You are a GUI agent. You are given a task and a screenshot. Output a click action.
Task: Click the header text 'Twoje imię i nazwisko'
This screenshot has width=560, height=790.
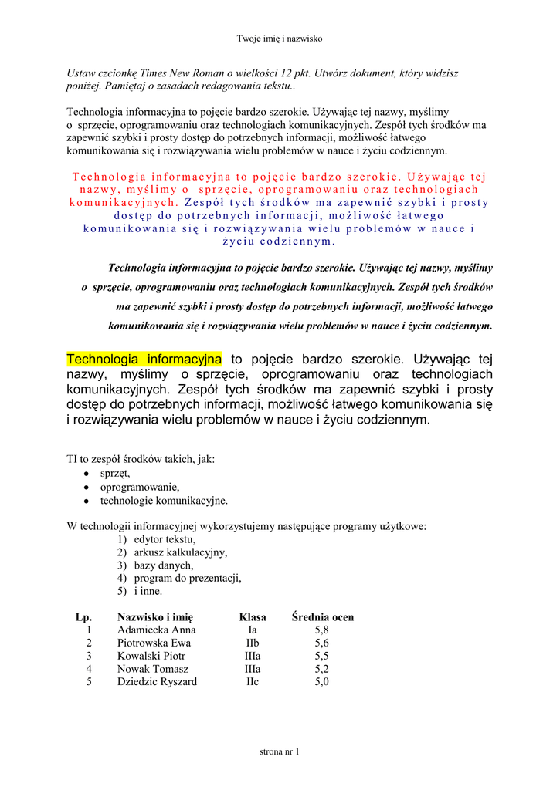click(x=279, y=39)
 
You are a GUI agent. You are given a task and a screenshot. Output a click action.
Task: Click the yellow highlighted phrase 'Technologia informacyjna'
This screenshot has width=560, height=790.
click(x=144, y=360)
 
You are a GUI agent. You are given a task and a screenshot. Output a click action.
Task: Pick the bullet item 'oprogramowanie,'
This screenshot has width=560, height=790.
click(x=140, y=487)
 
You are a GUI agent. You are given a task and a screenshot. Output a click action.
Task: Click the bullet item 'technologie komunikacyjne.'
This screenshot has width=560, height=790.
click(x=164, y=501)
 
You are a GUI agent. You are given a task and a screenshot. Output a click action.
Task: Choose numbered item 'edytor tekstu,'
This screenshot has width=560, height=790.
click(x=165, y=539)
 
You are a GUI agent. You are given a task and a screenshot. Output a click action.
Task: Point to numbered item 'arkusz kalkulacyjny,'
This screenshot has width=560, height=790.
click(x=180, y=552)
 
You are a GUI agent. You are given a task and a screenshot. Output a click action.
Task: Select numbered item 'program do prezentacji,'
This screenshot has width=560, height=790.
click(x=188, y=578)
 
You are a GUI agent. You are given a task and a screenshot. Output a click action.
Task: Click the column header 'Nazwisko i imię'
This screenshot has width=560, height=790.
click(x=155, y=617)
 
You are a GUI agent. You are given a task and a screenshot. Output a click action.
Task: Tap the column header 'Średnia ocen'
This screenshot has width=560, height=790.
click(x=322, y=617)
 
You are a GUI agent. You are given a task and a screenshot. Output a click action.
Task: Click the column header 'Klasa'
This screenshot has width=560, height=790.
click(x=253, y=617)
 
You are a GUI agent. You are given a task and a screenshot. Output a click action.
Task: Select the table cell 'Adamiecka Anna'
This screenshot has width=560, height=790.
click(x=157, y=630)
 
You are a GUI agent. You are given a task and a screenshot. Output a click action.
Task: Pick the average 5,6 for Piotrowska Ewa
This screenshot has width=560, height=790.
click(x=321, y=643)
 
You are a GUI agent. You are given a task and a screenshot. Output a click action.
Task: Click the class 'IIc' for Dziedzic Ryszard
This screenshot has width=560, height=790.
click(x=253, y=682)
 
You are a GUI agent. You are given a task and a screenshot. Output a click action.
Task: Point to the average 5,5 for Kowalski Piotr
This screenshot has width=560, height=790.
click(x=321, y=657)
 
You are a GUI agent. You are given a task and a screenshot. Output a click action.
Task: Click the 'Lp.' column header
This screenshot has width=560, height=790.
click(x=83, y=617)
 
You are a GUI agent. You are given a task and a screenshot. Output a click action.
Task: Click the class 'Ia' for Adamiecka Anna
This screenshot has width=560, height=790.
click(x=253, y=630)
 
